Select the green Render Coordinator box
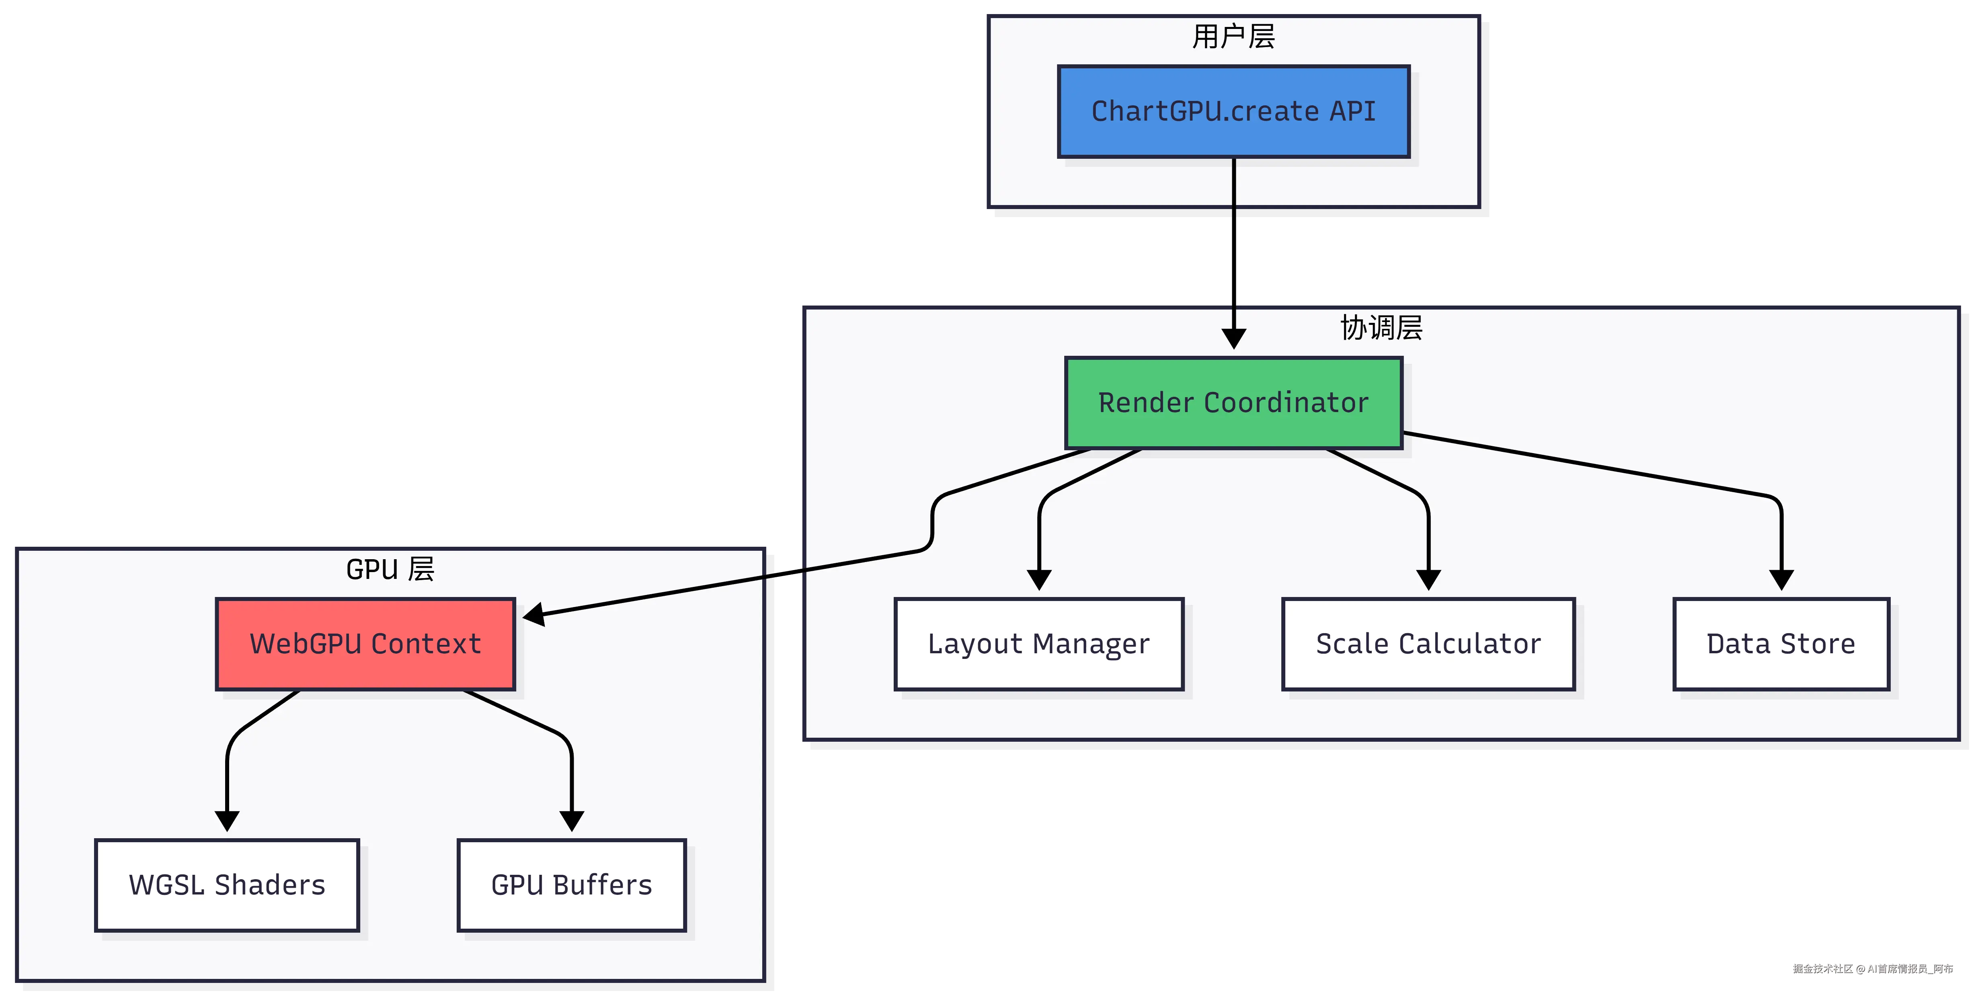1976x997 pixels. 1233,403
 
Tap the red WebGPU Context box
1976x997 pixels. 365,644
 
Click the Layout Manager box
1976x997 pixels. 1038,644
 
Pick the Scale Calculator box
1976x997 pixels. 1428,644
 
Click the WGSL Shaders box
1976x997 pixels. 227,885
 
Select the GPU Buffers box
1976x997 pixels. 571,885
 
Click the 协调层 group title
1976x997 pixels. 1381,328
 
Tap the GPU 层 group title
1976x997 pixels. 390,570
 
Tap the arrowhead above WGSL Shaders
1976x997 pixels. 227,821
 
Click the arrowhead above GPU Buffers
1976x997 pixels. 571,821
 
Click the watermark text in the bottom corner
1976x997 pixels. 1872,968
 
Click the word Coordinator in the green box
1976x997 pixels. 1287,403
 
